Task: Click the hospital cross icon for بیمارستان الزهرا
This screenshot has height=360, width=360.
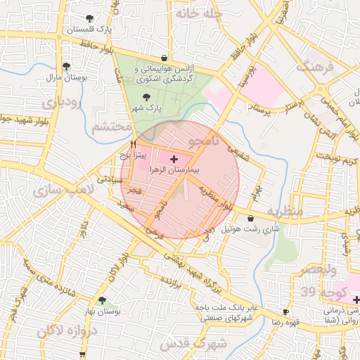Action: point(174,160)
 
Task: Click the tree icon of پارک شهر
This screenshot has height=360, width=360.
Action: point(146,98)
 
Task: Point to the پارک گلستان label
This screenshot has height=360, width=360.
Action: point(89,30)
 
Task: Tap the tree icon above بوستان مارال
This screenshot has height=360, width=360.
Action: point(66,65)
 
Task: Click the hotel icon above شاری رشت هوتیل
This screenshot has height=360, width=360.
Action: point(251,218)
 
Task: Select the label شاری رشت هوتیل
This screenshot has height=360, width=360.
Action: point(256,229)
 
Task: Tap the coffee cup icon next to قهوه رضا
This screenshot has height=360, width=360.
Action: point(285,311)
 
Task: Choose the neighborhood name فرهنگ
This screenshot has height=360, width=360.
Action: point(313,67)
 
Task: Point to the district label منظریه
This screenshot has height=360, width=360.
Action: point(303,211)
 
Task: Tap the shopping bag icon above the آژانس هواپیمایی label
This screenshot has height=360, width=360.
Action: point(165,58)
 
